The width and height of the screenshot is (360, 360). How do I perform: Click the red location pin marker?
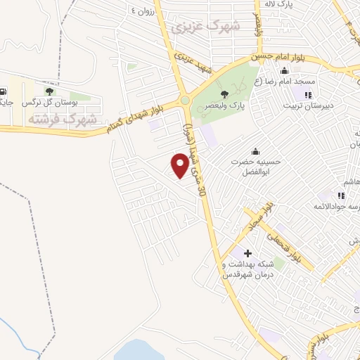181,165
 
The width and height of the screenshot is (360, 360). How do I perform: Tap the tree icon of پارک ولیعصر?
224,94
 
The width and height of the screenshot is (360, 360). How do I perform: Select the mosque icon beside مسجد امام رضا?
283,72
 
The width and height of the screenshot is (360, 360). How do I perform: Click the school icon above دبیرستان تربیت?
307,94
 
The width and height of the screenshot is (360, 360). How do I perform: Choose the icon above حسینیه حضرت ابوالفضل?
255,151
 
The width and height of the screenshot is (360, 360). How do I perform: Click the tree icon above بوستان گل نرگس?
49,91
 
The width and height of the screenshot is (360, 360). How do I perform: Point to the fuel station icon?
5,91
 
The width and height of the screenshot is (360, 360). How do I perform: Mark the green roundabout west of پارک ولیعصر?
185,101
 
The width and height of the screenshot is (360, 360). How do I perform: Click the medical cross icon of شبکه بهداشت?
247,252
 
